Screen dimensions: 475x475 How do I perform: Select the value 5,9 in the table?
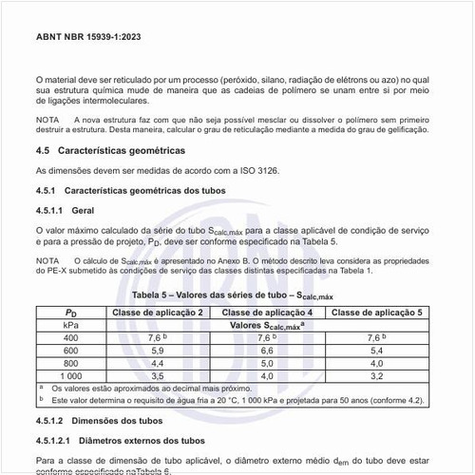pyautogui.click(x=158, y=351)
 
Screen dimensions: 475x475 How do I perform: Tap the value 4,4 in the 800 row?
pyautogui.click(x=158, y=363)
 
